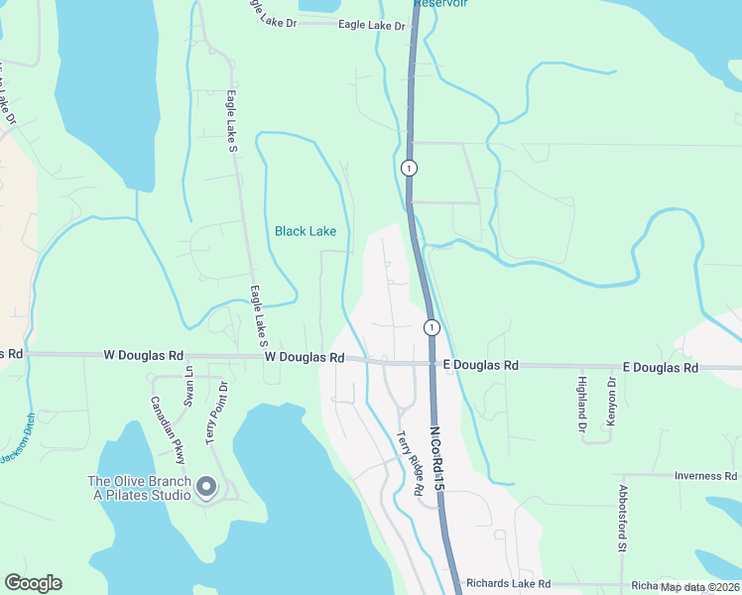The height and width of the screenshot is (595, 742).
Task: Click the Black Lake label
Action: click(x=305, y=231)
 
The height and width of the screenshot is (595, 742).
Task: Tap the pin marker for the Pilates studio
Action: click(x=206, y=486)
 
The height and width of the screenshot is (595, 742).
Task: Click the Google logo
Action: click(x=33, y=583)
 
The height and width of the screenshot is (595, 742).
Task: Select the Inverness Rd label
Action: click(x=704, y=476)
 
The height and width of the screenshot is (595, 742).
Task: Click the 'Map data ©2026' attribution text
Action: click(x=699, y=586)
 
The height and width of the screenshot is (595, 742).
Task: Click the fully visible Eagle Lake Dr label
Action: click(x=371, y=26)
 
